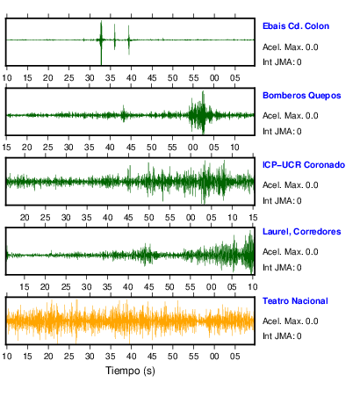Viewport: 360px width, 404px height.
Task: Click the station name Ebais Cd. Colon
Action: tap(296, 26)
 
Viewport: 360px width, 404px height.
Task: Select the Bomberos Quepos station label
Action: tap(301, 96)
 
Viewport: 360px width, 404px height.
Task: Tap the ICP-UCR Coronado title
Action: tap(304, 165)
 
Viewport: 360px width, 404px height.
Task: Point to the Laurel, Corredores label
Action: tap(301, 232)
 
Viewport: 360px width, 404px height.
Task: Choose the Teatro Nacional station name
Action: tap(295, 301)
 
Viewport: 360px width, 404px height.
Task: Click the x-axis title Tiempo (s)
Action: tap(130, 371)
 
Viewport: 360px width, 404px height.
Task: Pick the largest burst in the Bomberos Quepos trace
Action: tap(201, 112)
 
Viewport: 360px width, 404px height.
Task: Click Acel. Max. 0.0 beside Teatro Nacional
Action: tap(290, 321)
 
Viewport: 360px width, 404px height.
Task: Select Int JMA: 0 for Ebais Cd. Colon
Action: tap(282, 62)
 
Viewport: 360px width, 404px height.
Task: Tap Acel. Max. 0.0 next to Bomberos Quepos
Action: tap(290, 116)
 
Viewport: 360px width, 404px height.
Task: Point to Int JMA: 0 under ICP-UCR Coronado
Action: tap(282, 201)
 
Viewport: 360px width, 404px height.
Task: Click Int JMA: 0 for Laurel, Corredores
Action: tap(282, 268)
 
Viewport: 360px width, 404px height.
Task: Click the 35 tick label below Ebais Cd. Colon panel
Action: tap(111, 78)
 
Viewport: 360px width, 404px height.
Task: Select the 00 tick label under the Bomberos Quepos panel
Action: tap(193, 148)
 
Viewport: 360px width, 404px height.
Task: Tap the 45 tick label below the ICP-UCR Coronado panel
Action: tap(128, 218)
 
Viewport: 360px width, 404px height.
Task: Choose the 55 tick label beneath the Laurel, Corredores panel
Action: tap(191, 287)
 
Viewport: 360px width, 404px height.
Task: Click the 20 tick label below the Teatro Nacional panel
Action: tap(48, 357)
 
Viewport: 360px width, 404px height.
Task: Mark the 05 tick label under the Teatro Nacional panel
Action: tap(235, 357)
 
